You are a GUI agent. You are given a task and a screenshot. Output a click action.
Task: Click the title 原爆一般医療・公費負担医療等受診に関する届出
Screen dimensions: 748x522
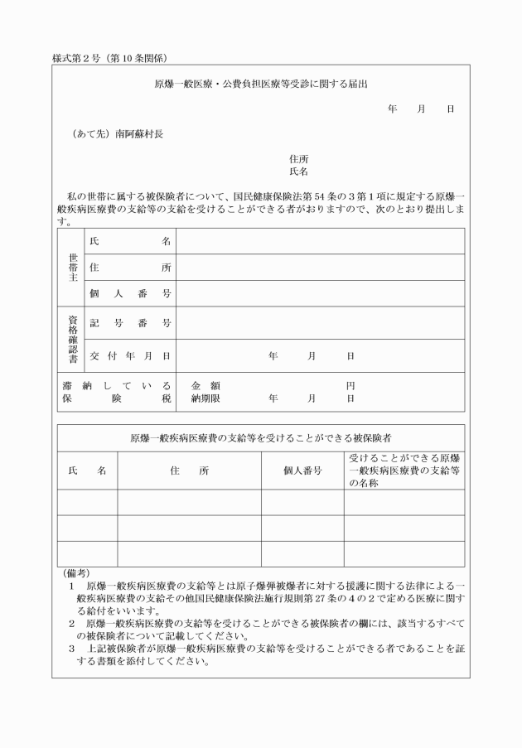coord(261,84)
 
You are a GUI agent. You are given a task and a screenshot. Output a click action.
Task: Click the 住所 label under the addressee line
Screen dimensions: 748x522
coord(299,158)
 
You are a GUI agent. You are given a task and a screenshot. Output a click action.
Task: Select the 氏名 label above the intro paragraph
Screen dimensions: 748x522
coord(299,171)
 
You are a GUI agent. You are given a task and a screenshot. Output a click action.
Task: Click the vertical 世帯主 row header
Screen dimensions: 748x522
coord(71,267)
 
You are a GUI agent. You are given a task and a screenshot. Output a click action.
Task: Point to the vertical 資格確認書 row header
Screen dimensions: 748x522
coord(71,339)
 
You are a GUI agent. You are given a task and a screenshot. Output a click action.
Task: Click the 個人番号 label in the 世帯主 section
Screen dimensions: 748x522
coord(130,293)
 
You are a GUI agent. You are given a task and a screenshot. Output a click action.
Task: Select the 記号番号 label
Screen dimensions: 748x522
coord(130,323)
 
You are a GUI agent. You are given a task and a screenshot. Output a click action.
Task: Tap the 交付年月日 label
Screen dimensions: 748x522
coord(130,355)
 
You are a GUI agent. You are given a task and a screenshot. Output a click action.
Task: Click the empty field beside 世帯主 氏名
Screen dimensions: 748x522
coord(320,241)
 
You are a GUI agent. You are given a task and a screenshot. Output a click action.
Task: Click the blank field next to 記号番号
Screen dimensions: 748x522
coord(320,323)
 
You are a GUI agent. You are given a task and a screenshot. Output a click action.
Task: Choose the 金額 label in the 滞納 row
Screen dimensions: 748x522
coord(205,386)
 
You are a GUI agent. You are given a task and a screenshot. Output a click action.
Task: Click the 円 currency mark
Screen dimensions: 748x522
coord(350,386)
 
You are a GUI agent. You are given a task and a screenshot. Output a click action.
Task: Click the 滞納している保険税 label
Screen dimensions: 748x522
coord(116,392)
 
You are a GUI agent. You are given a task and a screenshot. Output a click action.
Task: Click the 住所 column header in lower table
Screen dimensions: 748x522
coord(189,471)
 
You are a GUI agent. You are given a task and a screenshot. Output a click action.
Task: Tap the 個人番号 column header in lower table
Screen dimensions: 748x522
coord(302,471)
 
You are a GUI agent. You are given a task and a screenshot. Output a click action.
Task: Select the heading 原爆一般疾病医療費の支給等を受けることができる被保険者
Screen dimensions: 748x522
coord(261,437)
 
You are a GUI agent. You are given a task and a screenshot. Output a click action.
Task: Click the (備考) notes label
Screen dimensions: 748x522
coord(77,572)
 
